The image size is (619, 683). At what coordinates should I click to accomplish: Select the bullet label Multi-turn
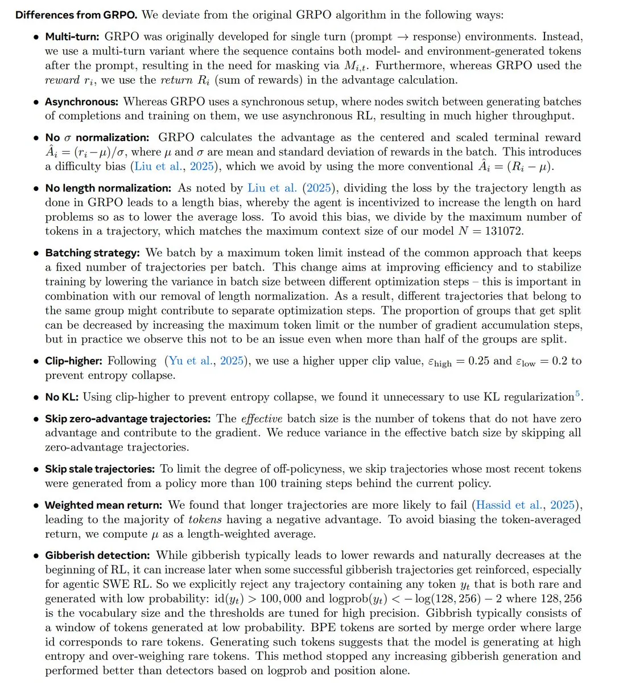(x=72, y=36)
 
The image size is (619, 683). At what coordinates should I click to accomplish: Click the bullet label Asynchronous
(x=82, y=101)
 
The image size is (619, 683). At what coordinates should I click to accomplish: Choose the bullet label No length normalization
(x=108, y=188)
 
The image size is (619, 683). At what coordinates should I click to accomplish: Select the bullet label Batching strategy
(x=92, y=252)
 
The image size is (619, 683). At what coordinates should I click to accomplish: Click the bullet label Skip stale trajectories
(x=100, y=469)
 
